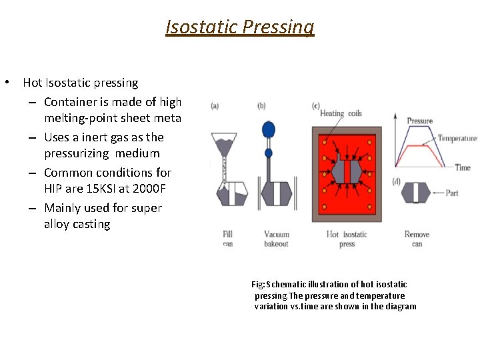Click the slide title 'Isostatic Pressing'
tap(240, 27)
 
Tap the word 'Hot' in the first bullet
tap(32, 83)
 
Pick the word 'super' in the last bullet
tap(146, 208)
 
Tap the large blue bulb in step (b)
tap(269, 129)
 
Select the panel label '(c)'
tap(315, 106)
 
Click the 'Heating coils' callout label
tap(341, 113)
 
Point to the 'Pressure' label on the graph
tap(419, 121)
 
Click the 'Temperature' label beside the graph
tap(457, 138)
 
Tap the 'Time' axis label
tap(463, 167)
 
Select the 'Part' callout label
tap(452, 193)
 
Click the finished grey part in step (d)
tap(417, 193)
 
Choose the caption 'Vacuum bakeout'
tap(276, 239)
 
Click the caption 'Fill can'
tap(227, 239)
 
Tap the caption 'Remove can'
tap(417, 239)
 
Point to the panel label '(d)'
tap(397, 181)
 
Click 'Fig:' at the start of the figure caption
tap(258, 285)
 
